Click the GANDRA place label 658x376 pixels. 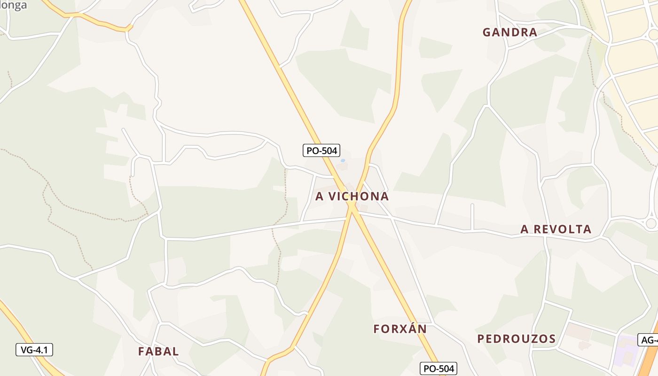coord(509,32)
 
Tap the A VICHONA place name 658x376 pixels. coord(352,196)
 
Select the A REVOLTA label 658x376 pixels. coord(556,229)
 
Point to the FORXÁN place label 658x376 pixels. coord(400,329)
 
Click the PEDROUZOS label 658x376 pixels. coord(517,339)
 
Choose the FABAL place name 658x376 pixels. coord(158,352)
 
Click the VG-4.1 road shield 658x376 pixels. coord(34,350)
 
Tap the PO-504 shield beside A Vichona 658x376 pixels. coord(321,150)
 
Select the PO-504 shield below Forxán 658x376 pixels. coord(438,369)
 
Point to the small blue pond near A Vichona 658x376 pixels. coord(343,161)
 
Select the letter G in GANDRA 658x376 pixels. coord(487,32)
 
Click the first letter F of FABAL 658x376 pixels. coord(141,352)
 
